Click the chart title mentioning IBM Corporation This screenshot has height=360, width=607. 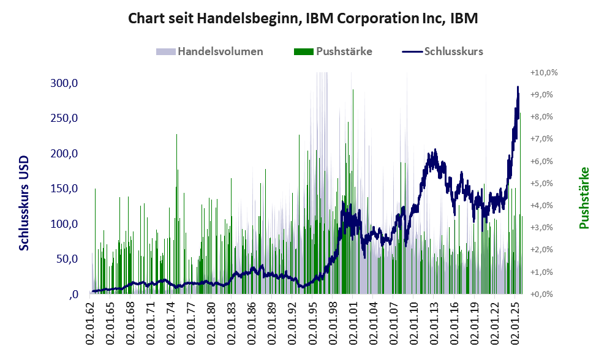[x=303, y=18]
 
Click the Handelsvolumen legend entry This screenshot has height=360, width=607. [x=220, y=51]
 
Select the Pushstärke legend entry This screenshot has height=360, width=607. [x=344, y=51]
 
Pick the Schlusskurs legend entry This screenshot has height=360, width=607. [x=453, y=51]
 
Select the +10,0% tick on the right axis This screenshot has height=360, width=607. [x=544, y=72]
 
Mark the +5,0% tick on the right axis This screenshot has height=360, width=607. [x=544, y=183]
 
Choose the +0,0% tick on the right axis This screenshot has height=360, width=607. [x=544, y=294]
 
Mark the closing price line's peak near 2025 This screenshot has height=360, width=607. [x=518, y=88]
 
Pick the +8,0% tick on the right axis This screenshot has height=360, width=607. [x=544, y=116]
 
